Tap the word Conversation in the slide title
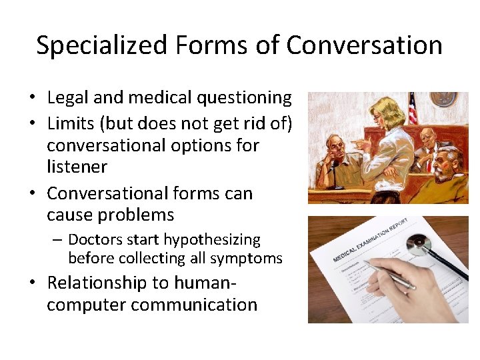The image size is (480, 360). tap(365, 45)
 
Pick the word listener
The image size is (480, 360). tap(77, 167)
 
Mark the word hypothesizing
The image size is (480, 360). tap(211, 239)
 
